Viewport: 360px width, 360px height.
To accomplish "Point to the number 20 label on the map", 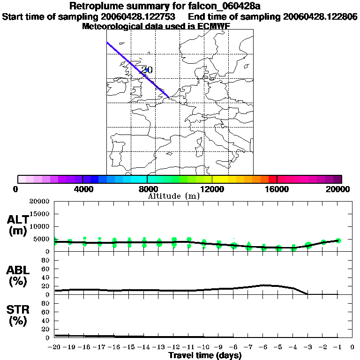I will coord(147,70).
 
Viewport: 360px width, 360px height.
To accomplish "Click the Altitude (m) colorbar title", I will coord(173,196).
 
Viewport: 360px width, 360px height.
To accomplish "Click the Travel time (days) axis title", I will coord(205,356).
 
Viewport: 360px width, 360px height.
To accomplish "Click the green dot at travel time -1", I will coord(338,240).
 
